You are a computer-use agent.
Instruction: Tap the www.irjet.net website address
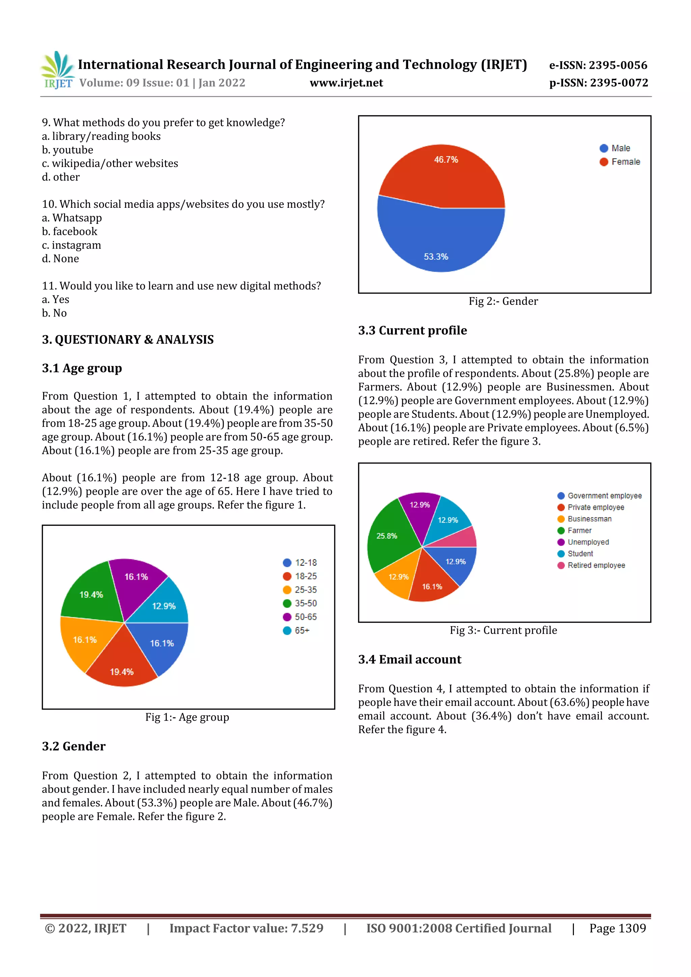point(346,83)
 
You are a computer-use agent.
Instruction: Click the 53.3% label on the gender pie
point(436,257)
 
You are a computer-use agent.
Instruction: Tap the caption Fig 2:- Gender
point(503,301)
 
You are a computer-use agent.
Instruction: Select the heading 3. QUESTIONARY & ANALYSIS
point(128,340)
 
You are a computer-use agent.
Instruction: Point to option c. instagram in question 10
point(72,245)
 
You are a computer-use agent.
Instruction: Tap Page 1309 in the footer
point(617,928)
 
